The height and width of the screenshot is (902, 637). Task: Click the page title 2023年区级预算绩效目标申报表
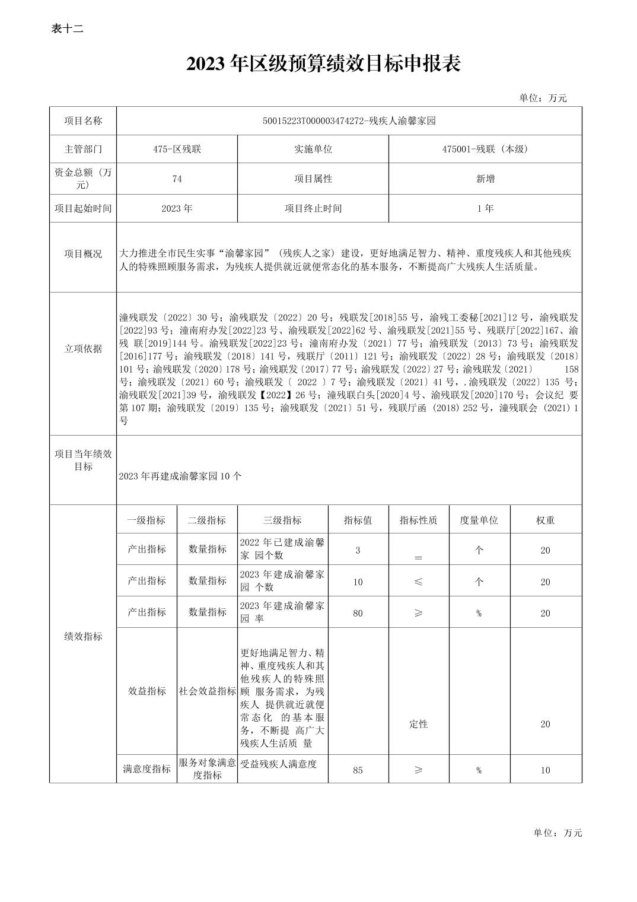click(323, 64)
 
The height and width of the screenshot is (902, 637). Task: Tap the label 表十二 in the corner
click(67, 28)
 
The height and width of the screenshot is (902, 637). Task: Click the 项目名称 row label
click(83, 121)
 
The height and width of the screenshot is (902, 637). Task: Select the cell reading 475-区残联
click(177, 149)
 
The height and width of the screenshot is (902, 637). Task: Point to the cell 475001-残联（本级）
click(485, 149)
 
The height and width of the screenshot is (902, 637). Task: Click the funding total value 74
click(177, 179)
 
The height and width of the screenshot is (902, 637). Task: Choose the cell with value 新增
click(485, 179)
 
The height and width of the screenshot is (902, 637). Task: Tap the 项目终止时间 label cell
click(313, 208)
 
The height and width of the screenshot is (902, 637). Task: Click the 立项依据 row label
click(83, 349)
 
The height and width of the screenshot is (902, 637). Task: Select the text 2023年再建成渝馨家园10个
click(180, 476)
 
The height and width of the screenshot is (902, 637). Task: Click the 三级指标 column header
click(282, 520)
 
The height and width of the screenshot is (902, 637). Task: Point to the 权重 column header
click(545, 520)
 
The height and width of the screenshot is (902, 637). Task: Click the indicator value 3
click(358, 550)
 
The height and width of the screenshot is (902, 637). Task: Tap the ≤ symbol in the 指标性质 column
click(418, 582)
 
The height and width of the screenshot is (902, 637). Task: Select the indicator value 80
click(358, 613)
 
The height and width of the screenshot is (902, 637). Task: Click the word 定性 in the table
click(418, 724)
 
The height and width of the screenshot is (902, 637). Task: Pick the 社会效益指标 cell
click(208, 691)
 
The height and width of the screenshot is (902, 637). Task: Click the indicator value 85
click(358, 770)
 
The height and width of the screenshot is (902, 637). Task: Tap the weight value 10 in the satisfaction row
click(545, 770)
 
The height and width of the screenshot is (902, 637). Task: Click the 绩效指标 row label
click(83, 637)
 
